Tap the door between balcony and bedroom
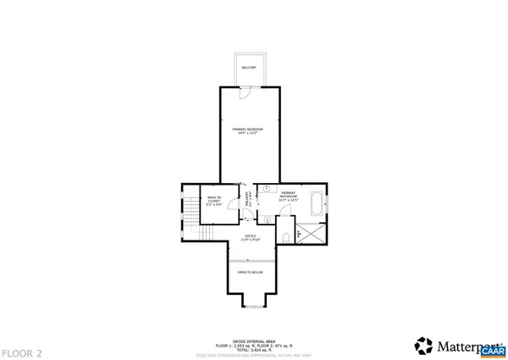click(x=244, y=91)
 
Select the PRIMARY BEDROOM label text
click(x=248, y=130)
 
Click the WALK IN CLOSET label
click(x=213, y=202)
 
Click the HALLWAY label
click(x=248, y=202)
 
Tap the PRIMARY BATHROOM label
click(x=287, y=196)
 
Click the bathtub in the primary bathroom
click(x=316, y=203)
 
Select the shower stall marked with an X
click(x=311, y=233)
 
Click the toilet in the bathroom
click(x=287, y=235)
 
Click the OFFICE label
click(x=250, y=237)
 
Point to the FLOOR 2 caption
click(x=22, y=352)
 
